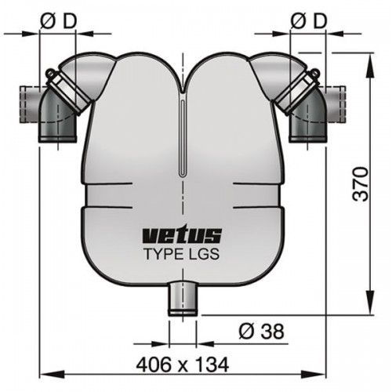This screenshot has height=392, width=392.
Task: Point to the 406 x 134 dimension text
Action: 183,364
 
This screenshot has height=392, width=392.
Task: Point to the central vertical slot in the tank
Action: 183,141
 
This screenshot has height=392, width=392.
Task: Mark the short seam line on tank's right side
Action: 255,184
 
